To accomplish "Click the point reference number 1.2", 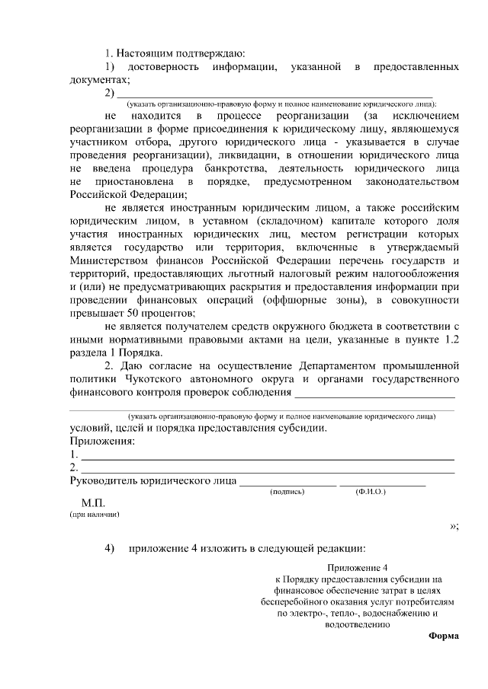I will click(x=450, y=340).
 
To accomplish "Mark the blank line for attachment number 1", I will click(x=267, y=459).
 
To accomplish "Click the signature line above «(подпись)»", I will click(x=287, y=485).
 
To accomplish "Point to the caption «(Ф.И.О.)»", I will click(x=371, y=493).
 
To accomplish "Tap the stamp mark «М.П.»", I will click(x=92, y=504).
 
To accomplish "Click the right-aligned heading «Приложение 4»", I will click(x=358, y=568).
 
